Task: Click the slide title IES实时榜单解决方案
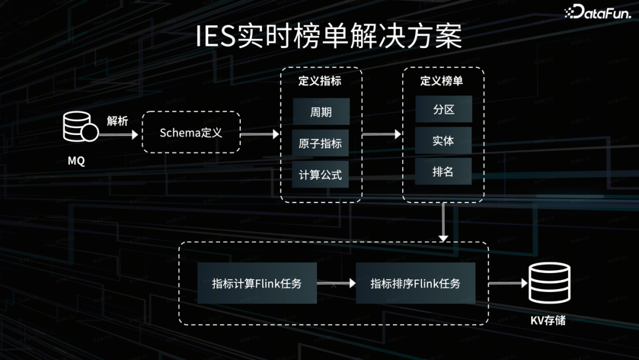328,38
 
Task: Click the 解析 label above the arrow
117,121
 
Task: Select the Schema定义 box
191,133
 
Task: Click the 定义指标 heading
320,81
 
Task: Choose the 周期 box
321,111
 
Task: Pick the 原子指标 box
321,143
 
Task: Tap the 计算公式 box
321,175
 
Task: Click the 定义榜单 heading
442,81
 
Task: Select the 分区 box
443,110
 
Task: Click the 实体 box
443,141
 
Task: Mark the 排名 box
443,172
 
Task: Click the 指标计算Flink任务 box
257,284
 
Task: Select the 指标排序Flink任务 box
415,284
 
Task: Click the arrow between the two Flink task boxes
336,284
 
